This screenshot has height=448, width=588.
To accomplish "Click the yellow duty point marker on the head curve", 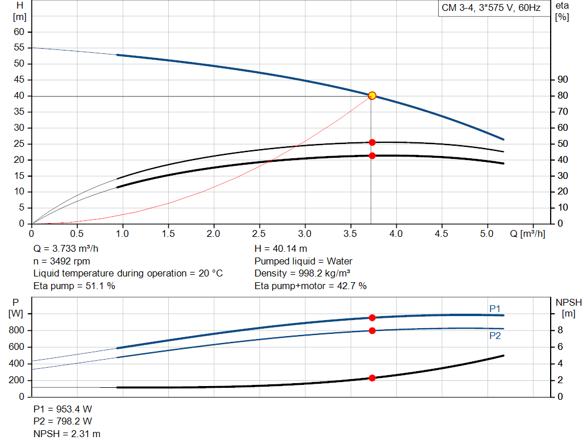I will click(372, 96).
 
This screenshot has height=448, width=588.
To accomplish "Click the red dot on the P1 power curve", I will click(372, 318).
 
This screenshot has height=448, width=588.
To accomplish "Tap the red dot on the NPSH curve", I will click(372, 378).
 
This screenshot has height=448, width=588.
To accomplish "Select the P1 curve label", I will click(495, 309).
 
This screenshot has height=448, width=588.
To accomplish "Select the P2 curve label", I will click(495, 336).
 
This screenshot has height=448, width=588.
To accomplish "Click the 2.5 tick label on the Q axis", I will click(259, 234).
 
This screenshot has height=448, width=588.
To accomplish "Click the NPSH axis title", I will click(569, 302).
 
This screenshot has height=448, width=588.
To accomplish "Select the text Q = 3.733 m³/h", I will click(70, 249).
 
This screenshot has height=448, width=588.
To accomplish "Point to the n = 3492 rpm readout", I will click(62, 261).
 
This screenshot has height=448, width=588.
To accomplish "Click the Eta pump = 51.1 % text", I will click(74, 286).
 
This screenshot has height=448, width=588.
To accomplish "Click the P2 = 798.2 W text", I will click(63, 422).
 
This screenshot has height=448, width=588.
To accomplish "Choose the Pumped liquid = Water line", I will click(303, 261).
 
